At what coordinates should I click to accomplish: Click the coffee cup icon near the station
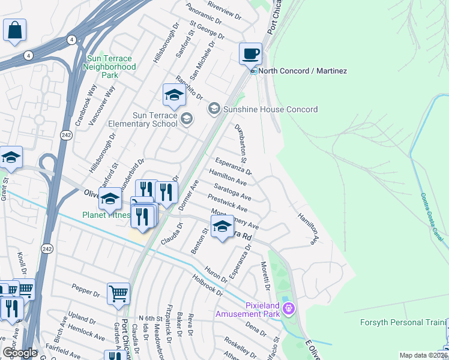tap(250, 53)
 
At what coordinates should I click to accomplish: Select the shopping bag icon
tap(14, 30)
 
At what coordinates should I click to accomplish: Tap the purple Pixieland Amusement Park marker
tap(289, 309)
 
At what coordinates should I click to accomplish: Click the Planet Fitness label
tap(107, 215)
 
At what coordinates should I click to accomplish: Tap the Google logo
tap(20, 353)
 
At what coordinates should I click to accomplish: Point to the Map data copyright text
tap(422, 355)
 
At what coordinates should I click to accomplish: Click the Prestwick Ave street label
tap(228, 203)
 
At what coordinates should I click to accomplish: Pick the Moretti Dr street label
tap(264, 274)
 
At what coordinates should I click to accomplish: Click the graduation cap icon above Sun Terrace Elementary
tap(173, 95)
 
